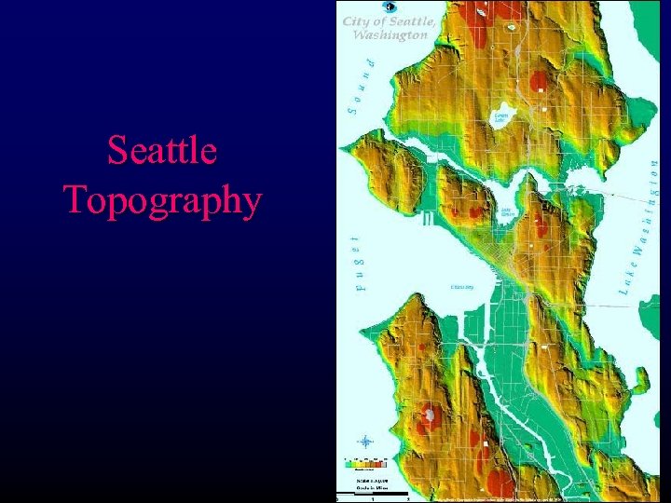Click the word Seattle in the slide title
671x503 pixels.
(x=162, y=150)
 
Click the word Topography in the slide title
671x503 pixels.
(x=162, y=198)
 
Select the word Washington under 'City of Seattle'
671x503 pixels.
(x=390, y=34)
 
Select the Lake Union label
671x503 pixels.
(x=509, y=213)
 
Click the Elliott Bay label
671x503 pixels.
(x=462, y=287)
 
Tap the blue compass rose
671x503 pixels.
(x=366, y=442)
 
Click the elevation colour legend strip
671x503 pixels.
(x=366, y=461)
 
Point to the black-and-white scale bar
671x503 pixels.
(x=373, y=492)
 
